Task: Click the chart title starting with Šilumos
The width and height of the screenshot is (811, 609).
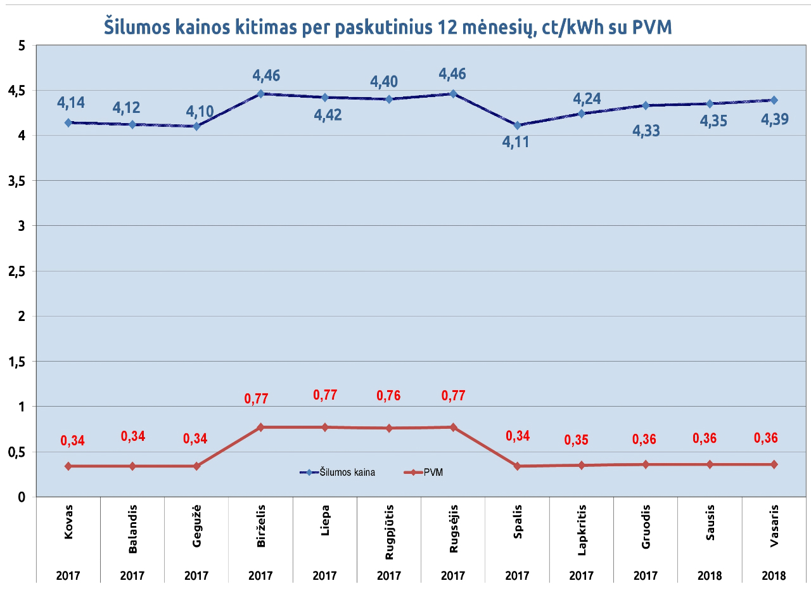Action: coord(388,27)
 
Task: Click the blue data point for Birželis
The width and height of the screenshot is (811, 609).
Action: coord(260,93)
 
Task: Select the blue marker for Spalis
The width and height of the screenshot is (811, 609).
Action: coord(517,125)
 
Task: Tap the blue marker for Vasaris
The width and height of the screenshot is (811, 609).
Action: coord(774,100)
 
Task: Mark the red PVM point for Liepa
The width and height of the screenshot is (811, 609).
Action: coord(325,427)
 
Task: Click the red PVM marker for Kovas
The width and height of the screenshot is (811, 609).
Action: coord(68,466)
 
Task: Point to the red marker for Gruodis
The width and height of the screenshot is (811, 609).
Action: coord(646,464)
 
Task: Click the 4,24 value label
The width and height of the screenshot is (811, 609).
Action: coord(587,98)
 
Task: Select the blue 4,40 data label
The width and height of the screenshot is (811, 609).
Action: coord(384,81)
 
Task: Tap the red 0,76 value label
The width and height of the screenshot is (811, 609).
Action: coord(388,395)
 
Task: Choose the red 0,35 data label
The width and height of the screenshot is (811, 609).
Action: coord(576,440)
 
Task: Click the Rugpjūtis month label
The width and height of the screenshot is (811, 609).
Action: coord(389,532)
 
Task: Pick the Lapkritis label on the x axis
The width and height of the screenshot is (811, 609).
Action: coord(582,530)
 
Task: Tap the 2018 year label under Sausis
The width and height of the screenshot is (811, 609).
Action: coord(710,575)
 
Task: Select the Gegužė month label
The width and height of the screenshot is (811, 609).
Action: coord(196,526)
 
